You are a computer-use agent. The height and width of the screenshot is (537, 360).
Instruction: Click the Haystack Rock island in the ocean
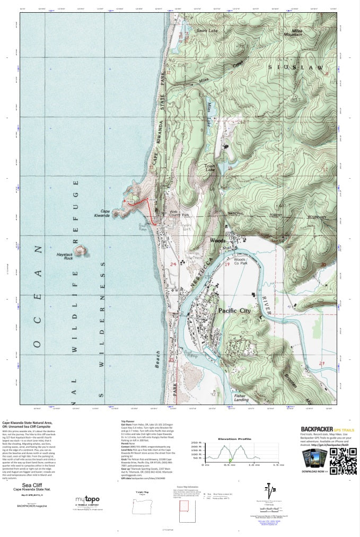81,249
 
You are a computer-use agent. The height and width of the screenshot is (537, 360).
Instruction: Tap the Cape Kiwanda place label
101,213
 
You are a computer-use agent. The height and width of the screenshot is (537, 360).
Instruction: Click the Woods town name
218,240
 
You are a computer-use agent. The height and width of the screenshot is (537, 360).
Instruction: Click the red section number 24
173,263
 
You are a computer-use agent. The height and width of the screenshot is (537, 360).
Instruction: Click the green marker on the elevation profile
230,460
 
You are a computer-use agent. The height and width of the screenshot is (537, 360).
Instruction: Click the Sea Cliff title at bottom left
32,483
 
